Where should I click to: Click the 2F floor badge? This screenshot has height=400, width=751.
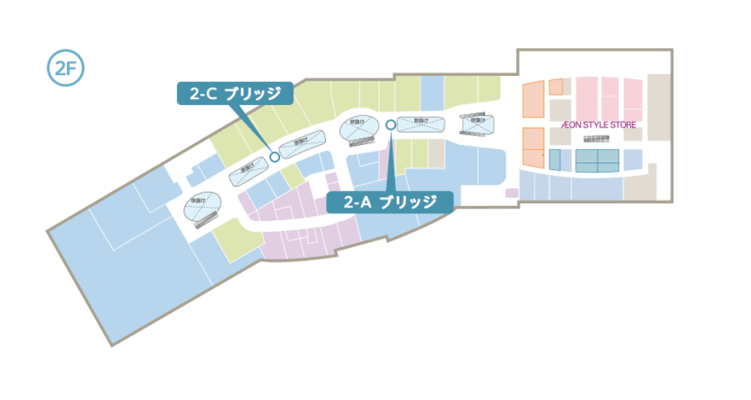(65, 70)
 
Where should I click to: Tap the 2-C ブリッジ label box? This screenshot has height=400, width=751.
(235, 93)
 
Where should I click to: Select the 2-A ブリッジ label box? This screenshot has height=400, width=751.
(389, 202)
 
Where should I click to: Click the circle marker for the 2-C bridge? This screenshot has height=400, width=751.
(274, 156)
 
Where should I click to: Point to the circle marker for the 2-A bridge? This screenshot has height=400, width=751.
(390, 125)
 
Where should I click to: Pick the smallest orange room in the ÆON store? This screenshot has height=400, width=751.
(556, 87)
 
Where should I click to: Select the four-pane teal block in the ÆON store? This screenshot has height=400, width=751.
(597, 160)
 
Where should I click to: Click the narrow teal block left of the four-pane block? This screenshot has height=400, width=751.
(555, 160)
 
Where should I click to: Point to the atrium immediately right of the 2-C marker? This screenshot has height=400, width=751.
(301, 144)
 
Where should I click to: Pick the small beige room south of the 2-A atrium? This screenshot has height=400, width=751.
(436, 154)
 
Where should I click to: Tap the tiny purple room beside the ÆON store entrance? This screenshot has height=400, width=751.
(512, 193)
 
